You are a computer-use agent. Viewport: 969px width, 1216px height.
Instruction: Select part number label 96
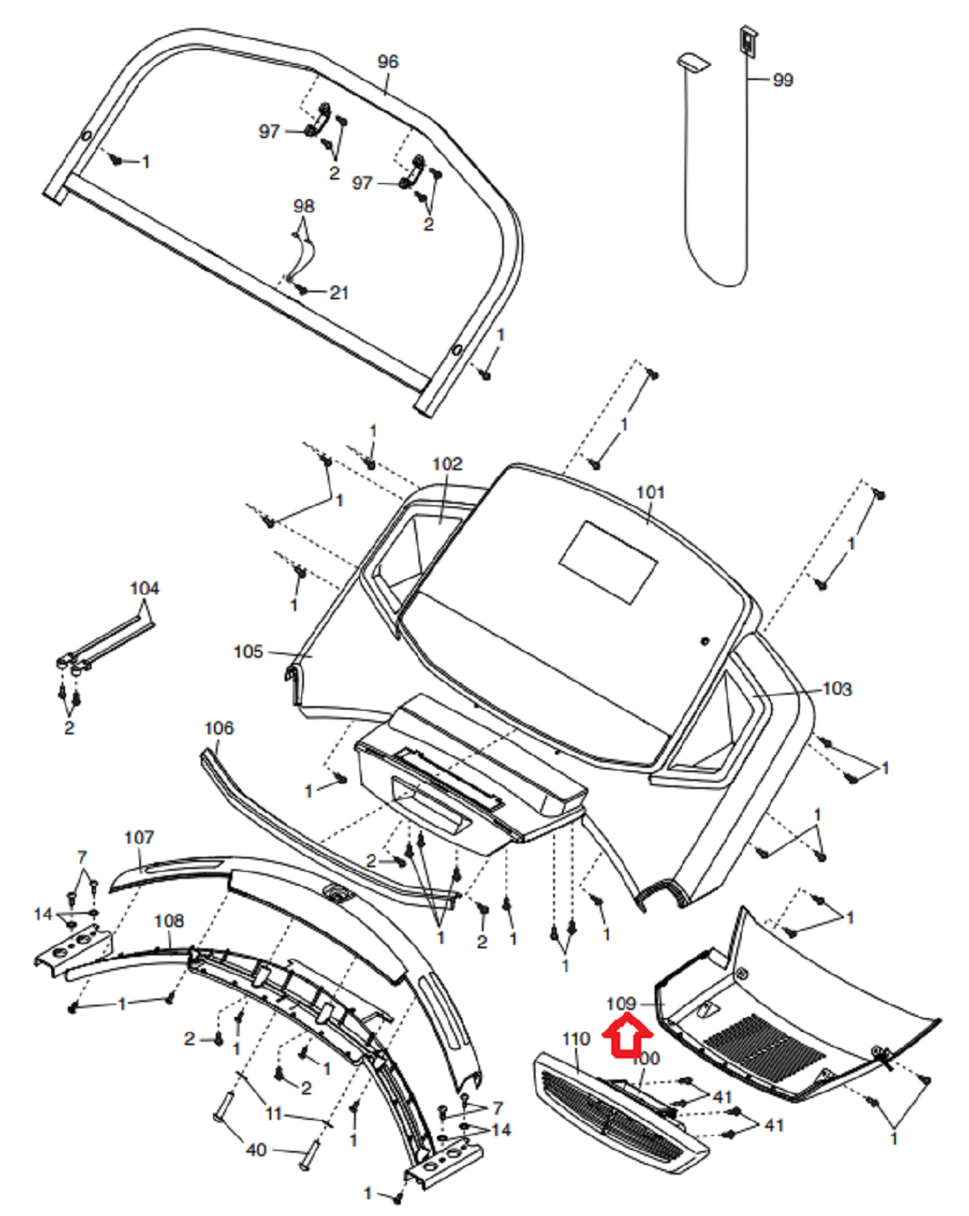388,62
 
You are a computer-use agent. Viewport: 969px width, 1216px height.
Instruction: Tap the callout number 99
782,80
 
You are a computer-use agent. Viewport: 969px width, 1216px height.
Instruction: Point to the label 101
650,491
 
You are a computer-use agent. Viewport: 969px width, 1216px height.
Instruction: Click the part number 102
447,464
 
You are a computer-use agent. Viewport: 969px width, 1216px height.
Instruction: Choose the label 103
837,689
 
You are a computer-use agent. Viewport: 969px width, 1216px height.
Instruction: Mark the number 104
144,588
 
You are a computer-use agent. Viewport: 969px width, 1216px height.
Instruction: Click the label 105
248,652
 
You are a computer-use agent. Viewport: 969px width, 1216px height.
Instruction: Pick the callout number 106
218,728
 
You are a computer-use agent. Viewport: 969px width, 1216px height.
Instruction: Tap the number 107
139,837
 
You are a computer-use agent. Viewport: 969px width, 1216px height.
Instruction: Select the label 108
168,920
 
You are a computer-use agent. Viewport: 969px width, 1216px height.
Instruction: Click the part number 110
575,1039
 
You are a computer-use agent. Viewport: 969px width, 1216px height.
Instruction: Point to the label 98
303,206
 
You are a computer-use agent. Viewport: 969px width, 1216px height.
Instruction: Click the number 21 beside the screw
339,292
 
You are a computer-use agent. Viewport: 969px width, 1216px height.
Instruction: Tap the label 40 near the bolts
255,1150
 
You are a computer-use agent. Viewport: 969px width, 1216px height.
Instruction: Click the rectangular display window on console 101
609,562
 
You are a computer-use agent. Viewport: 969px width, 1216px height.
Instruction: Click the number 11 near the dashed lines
274,1114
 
